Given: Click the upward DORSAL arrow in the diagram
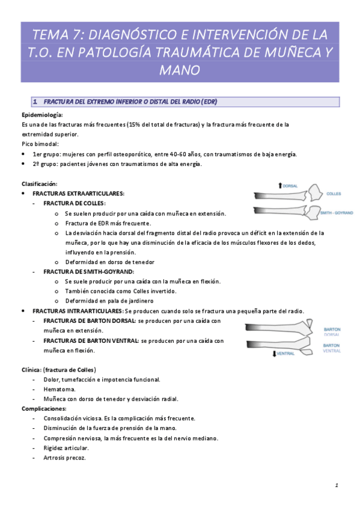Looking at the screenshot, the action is coord(281,186).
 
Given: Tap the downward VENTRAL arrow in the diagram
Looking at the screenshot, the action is coord(273,353).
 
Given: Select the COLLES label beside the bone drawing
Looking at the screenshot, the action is coord(334,194).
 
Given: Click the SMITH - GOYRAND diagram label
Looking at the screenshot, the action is coord(337,213).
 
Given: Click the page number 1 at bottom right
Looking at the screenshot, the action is coord(337,485).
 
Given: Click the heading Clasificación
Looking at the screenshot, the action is coord(39,183).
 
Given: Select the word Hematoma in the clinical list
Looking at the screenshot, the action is coord(58,389).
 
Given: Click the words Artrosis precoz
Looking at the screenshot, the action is coord(65,458).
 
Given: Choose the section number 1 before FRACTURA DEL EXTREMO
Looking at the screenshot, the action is coord(35,101).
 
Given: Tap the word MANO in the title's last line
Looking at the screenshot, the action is coord(180,70).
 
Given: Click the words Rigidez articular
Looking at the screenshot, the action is coord(66,448).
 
